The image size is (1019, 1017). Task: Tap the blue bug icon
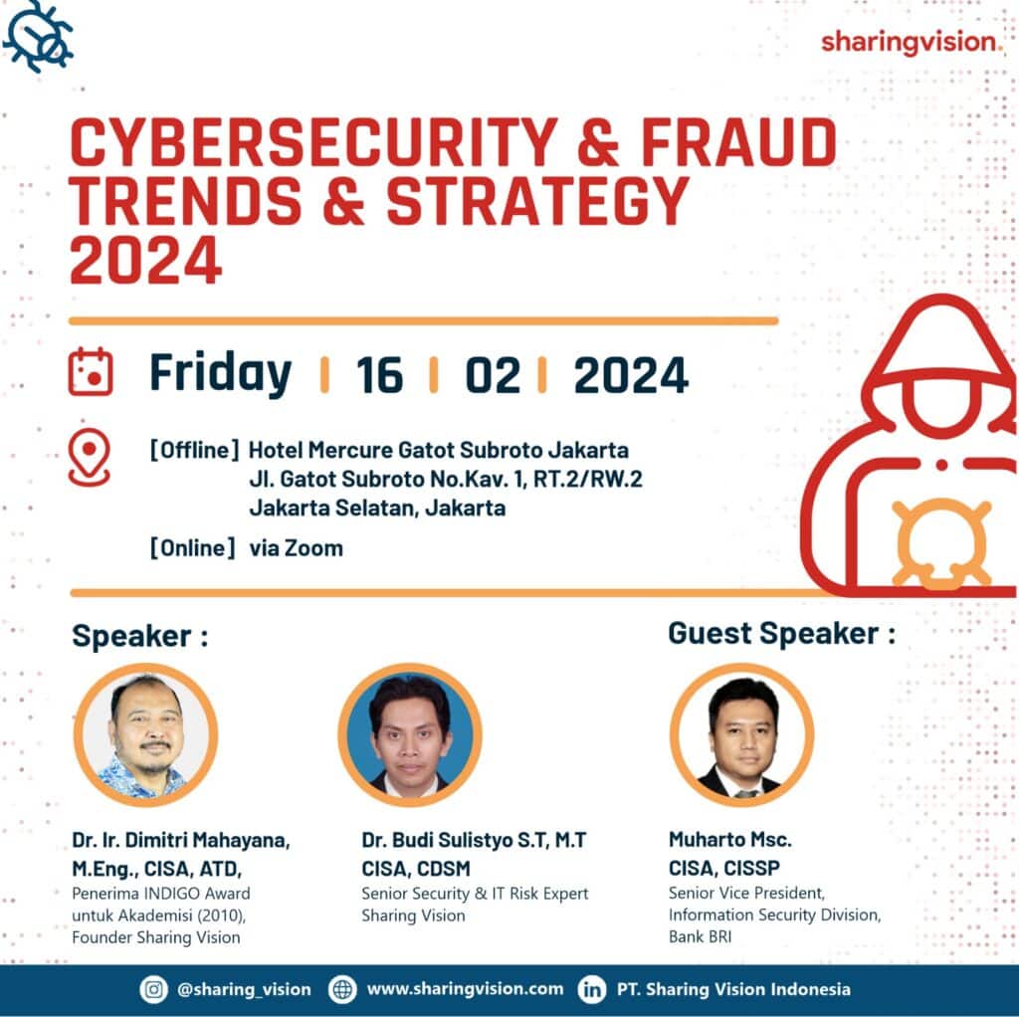(x=39, y=37)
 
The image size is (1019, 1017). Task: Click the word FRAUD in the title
(x=739, y=142)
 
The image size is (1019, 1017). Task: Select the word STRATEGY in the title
(x=537, y=201)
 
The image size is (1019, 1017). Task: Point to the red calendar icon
(x=91, y=372)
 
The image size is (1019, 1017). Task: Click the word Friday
(x=220, y=373)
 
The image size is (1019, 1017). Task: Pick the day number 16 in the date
(x=379, y=375)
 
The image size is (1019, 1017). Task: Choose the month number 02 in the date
(x=493, y=375)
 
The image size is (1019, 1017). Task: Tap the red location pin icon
(x=89, y=457)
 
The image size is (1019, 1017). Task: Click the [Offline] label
(x=195, y=450)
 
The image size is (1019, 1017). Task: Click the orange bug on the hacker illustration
(x=941, y=543)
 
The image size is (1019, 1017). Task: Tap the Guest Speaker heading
(x=781, y=633)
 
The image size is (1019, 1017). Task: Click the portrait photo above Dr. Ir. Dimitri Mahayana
(x=145, y=734)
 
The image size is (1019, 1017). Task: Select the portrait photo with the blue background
(x=410, y=734)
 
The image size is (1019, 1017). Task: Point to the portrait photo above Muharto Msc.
(x=741, y=734)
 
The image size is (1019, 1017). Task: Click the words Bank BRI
(x=700, y=936)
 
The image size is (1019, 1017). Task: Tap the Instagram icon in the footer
(x=153, y=989)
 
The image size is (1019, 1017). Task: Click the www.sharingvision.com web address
(x=465, y=989)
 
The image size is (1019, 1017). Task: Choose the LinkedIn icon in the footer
(x=591, y=989)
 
